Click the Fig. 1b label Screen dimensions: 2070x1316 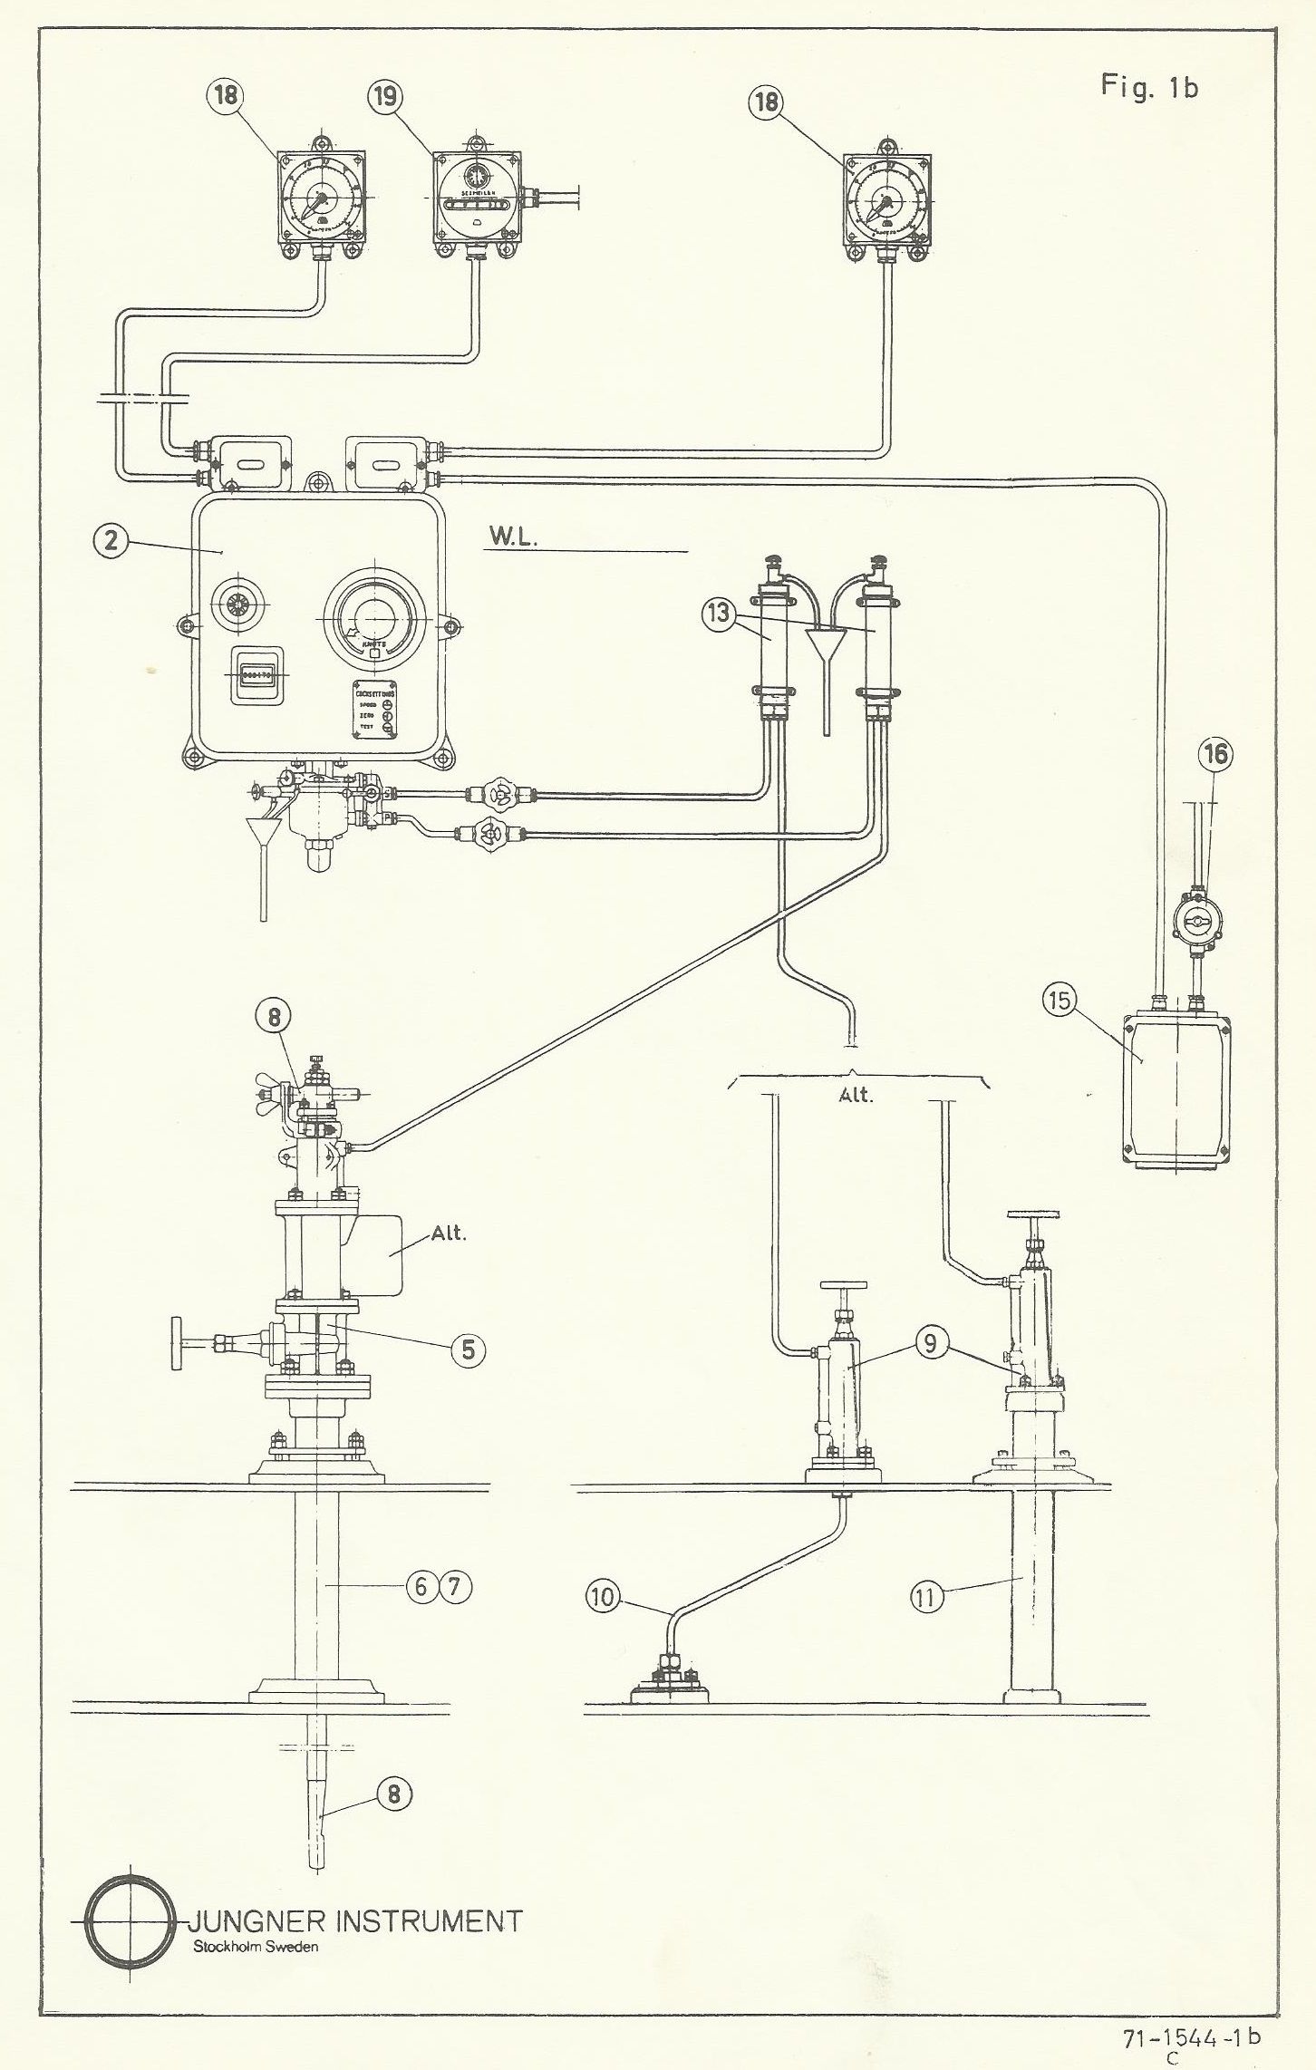click(x=1149, y=86)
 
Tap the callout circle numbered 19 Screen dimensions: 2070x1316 click(x=387, y=96)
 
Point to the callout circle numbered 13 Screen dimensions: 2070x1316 click(x=719, y=613)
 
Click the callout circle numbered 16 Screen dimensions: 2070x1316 click(x=1217, y=753)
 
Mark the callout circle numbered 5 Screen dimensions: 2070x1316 click(x=468, y=1349)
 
